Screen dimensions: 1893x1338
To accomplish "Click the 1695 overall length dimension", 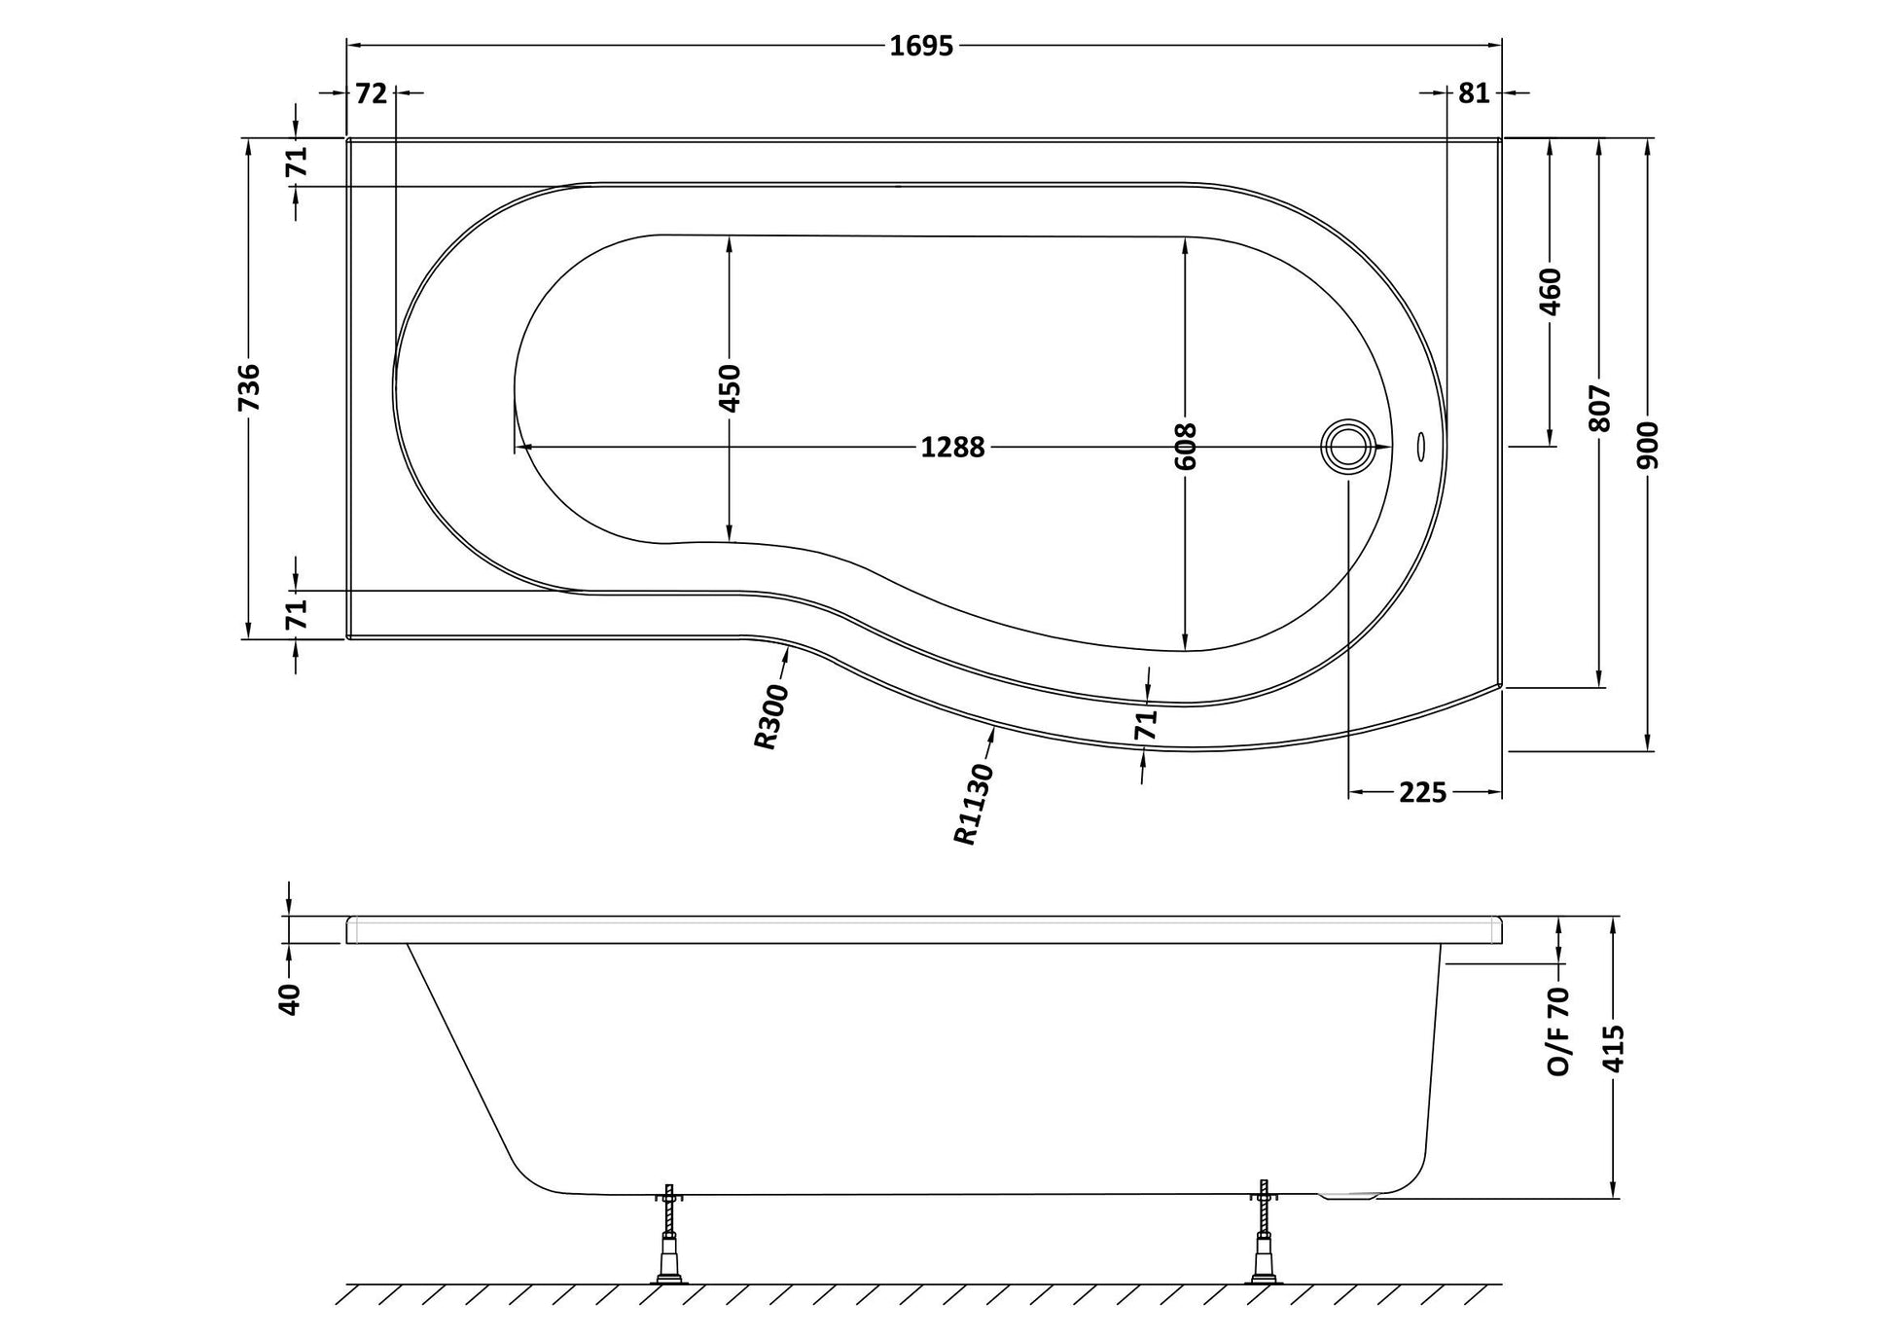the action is point(921,46).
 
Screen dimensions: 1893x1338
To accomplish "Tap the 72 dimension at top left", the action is point(372,93).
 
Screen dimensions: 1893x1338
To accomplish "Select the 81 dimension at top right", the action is point(1474,93).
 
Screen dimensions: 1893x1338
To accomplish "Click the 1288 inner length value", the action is point(953,448).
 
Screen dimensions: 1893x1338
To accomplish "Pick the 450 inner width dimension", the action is point(731,387).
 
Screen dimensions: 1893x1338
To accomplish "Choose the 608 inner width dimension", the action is point(1186,447).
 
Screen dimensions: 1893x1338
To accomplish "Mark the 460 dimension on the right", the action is point(1551,292).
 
